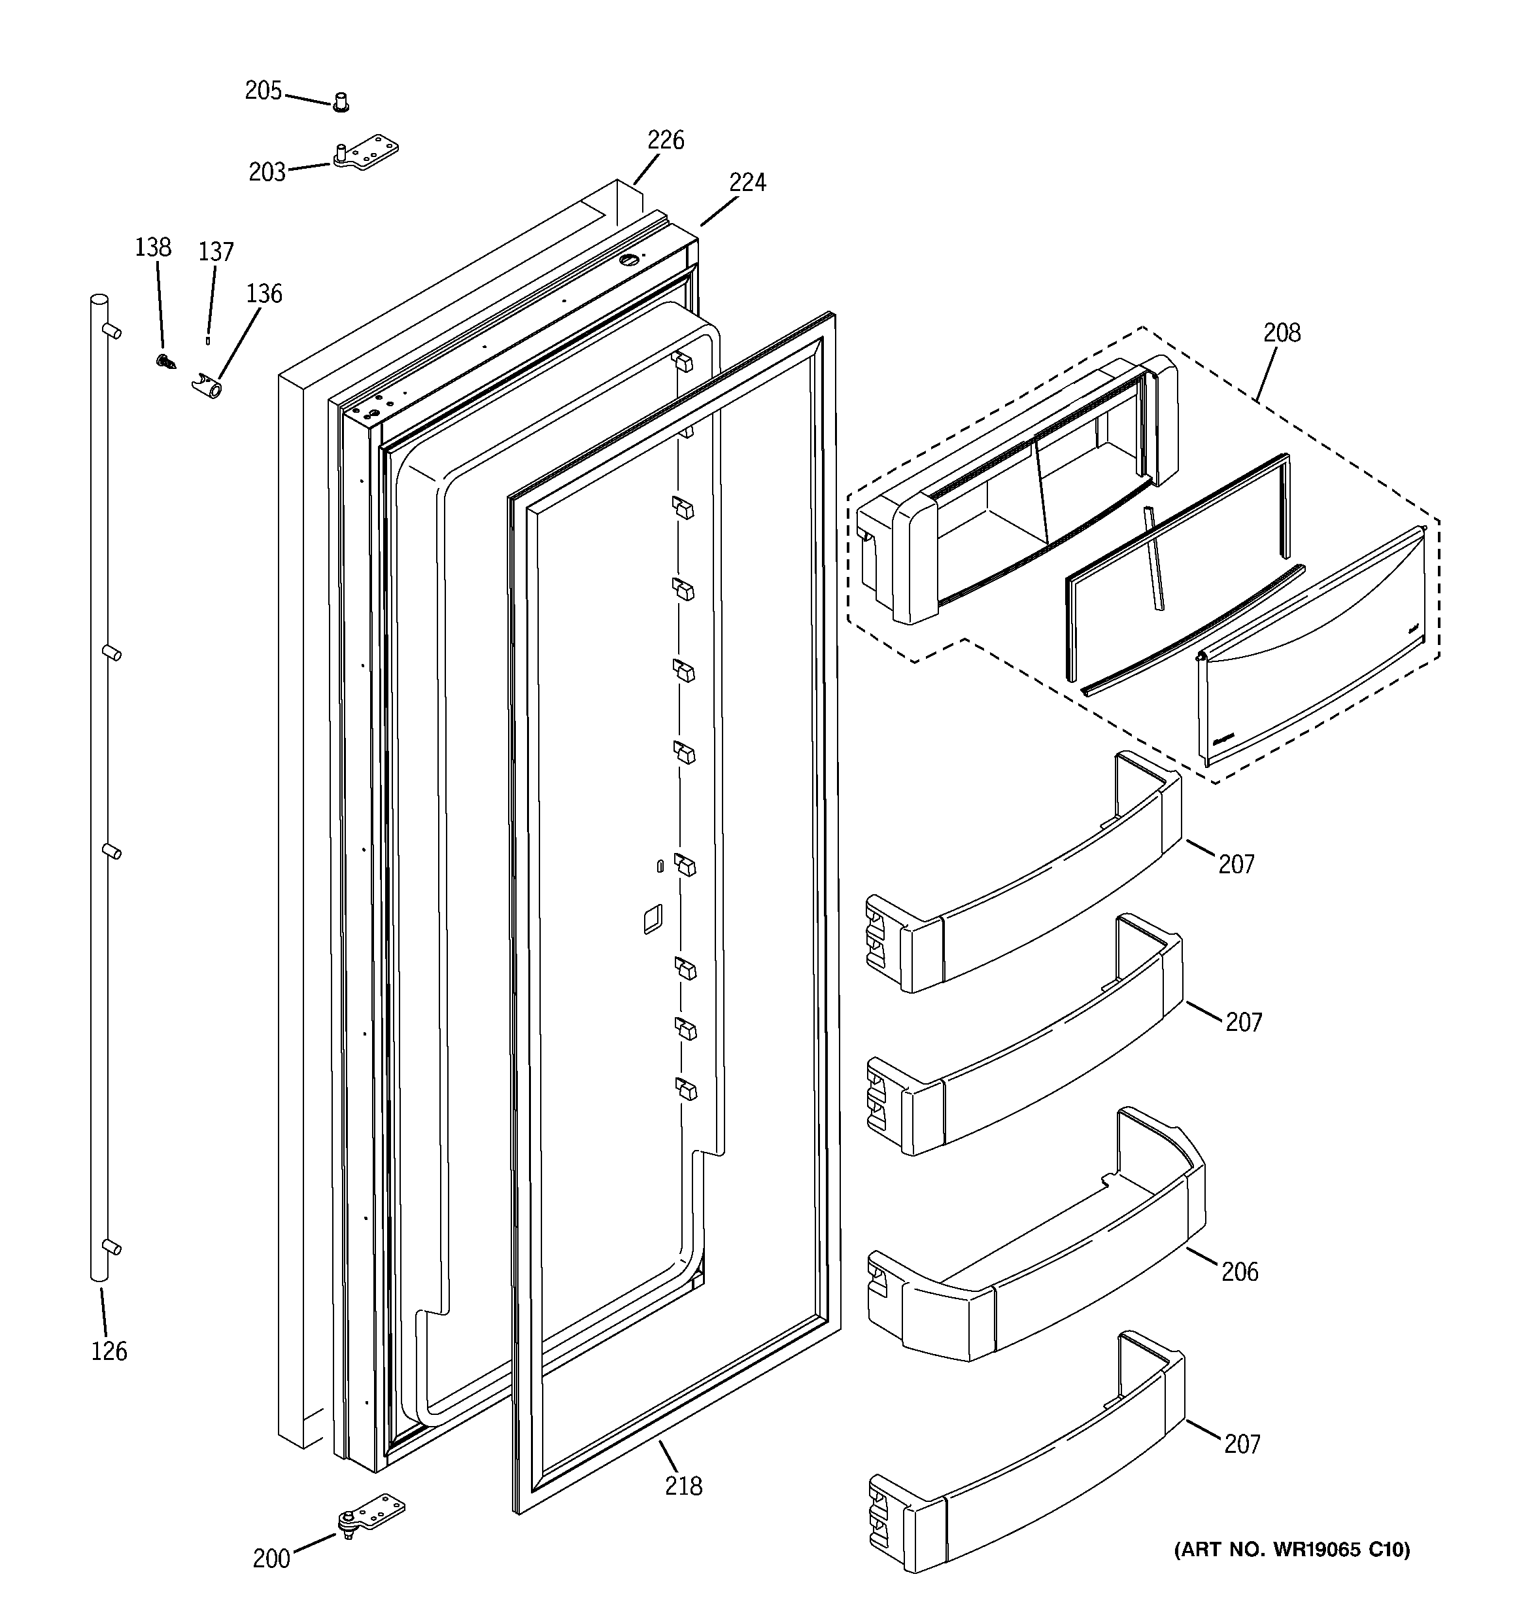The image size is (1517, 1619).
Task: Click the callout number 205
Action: [263, 90]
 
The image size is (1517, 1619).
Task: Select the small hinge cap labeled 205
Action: [341, 103]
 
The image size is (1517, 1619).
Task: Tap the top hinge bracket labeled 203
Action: [366, 152]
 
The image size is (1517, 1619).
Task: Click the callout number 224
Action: [747, 183]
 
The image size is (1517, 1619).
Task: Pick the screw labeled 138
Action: [166, 361]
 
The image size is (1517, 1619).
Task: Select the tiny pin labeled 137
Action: [208, 339]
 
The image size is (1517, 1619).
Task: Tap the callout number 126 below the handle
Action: [109, 1352]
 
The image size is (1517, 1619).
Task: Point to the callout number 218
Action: [683, 1486]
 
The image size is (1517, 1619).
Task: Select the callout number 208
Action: [1282, 332]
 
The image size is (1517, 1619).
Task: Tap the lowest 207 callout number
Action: [1242, 1444]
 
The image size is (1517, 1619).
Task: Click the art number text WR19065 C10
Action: [1291, 1550]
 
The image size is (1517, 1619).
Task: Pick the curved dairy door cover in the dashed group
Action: [1311, 652]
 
